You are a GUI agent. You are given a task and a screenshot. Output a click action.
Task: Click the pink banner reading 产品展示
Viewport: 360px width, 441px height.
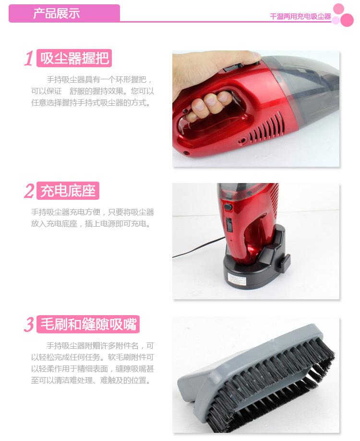pyautogui.click(x=64, y=13)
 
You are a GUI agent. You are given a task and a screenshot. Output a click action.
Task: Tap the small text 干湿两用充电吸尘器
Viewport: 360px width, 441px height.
pyautogui.click(x=300, y=17)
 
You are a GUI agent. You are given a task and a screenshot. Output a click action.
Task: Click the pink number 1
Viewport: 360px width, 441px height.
pyautogui.click(x=29, y=59)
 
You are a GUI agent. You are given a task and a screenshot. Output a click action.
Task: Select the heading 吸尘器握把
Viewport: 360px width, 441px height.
pyautogui.click(x=74, y=58)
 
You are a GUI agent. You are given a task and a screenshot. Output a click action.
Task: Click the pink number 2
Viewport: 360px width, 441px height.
pyautogui.click(x=29, y=191)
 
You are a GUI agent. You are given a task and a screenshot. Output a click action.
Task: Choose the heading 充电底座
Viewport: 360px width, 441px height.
pyautogui.click(x=68, y=191)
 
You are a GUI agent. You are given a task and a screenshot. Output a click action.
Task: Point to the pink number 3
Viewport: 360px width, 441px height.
pyautogui.click(x=29, y=324)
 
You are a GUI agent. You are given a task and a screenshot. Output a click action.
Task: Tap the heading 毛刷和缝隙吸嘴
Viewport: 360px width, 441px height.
pyautogui.click(x=88, y=324)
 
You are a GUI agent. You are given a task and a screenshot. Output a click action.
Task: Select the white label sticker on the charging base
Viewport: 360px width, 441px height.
pyautogui.click(x=237, y=281)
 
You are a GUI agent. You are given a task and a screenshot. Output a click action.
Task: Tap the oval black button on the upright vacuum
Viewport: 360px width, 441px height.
pyautogui.click(x=228, y=207)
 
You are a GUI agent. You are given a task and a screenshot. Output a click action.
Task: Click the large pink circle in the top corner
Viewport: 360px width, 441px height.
pyautogui.click(x=347, y=20)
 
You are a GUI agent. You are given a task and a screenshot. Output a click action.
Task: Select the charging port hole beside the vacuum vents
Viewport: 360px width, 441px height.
pyautogui.click(x=241, y=140)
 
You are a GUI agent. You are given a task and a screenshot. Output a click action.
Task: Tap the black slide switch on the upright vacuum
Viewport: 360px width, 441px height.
pyautogui.click(x=229, y=224)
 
